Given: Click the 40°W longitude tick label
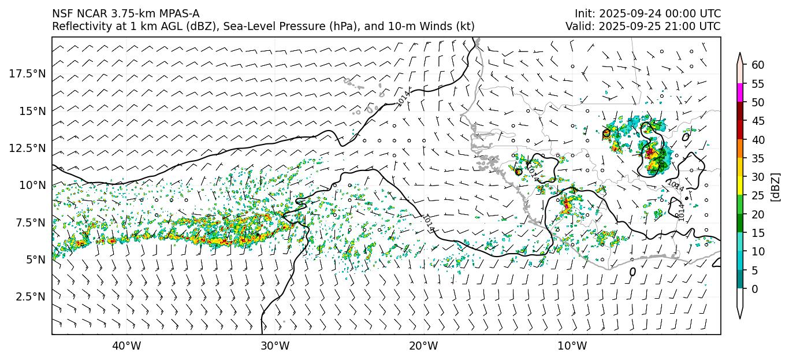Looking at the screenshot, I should pyautogui.click(x=126, y=346).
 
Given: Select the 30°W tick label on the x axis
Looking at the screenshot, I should pyautogui.click(x=275, y=346).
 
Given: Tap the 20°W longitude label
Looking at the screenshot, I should pyautogui.click(x=423, y=346).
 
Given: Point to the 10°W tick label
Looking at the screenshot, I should pyautogui.click(x=572, y=346).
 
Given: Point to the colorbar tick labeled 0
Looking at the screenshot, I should pyautogui.click(x=754, y=289).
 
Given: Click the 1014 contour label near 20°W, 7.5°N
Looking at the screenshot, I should pyautogui.click(x=428, y=223).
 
